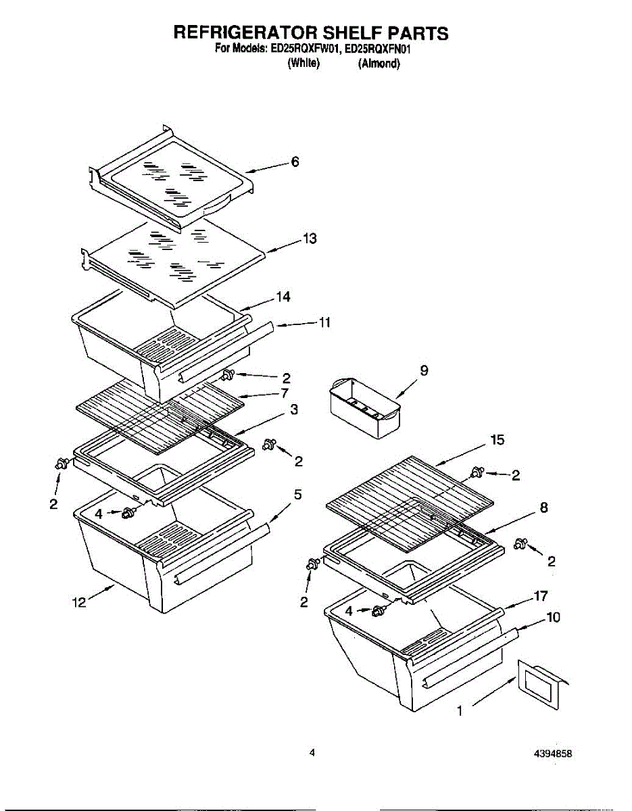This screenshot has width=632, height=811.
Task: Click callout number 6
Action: [295, 162]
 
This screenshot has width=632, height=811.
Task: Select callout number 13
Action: [310, 239]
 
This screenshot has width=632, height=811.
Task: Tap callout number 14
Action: [283, 297]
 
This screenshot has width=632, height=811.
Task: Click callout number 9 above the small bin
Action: [424, 370]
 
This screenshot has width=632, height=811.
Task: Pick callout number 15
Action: [497, 440]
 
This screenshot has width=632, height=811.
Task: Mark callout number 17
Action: [540, 596]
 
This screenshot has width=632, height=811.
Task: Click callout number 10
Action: [553, 617]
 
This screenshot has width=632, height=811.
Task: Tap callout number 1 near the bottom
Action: [460, 710]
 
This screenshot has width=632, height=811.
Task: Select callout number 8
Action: [544, 508]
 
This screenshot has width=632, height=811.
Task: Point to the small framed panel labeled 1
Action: [539, 686]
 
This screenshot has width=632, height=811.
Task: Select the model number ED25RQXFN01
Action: [383, 49]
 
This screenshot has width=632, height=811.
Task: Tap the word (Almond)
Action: [379, 64]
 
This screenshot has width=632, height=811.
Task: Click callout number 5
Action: [297, 495]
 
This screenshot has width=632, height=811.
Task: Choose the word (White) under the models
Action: [302, 64]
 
